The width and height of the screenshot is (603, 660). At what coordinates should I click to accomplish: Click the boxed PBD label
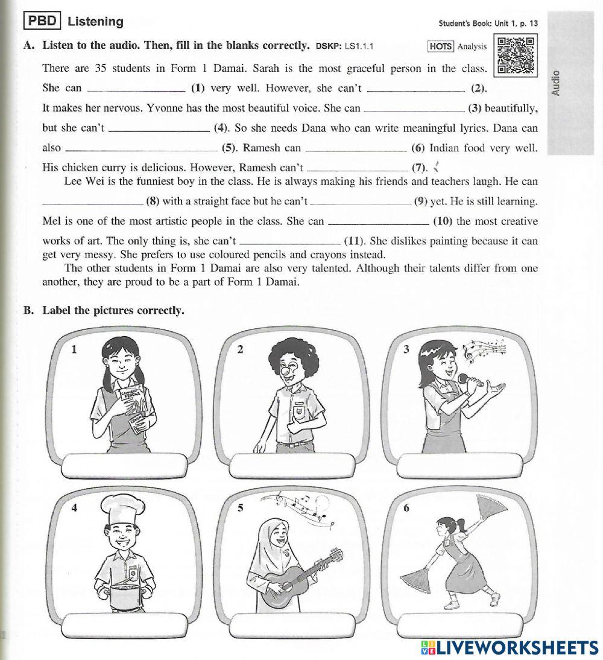click(42, 21)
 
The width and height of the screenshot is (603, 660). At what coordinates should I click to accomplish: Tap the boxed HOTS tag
click(441, 46)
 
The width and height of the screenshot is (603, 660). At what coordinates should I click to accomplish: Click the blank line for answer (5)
click(141, 150)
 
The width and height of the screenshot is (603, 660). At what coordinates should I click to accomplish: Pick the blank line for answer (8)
click(93, 202)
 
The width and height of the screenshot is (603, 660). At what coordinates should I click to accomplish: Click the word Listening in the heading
click(95, 22)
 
